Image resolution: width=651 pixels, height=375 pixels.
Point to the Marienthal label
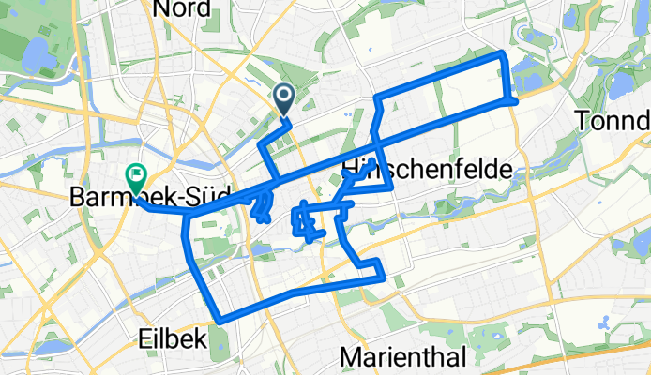tap(402, 357)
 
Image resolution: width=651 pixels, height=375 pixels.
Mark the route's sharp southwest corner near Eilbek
tap(219, 321)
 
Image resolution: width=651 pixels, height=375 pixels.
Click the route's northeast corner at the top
tap(506, 55)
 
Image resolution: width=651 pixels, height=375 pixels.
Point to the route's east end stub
tap(515, 100)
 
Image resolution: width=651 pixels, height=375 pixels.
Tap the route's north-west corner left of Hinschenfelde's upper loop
tap(376, 97)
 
